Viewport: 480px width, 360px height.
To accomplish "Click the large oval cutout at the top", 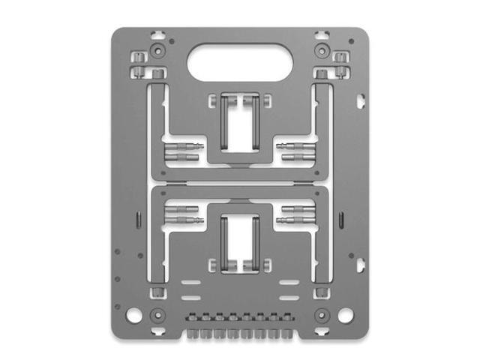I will click(240, 61).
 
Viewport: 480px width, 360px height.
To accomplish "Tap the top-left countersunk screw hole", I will click(158, 51).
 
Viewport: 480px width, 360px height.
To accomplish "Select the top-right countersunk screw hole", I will click(322, 51).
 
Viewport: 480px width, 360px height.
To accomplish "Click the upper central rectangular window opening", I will click(240, 124).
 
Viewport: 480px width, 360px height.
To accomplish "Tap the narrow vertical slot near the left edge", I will click(139, 219).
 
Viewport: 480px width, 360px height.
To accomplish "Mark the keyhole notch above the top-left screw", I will click(160, 33).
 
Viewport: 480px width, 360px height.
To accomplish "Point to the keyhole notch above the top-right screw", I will click(320, 33).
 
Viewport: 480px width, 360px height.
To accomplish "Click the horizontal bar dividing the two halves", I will click(240, 183).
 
